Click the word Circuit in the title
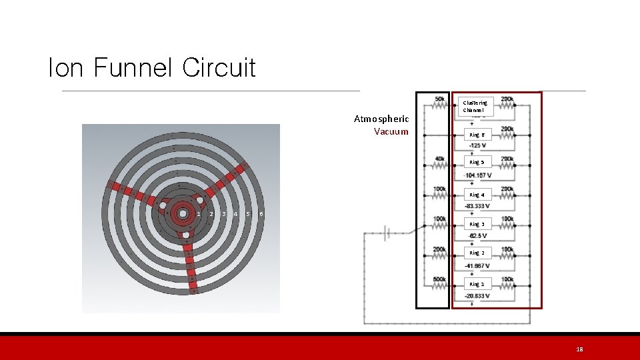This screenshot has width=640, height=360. click(219, 67)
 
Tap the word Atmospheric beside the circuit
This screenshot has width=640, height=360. click(381, 119)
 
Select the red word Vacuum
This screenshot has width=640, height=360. click(391, 131)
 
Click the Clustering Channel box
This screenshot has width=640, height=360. click(475, 106)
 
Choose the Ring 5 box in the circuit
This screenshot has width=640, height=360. click(477, 162)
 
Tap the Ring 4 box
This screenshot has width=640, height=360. click(477, 195)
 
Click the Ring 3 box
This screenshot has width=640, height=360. click(477, 224)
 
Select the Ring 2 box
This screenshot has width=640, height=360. click(477, 253)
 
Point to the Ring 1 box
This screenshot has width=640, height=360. click(477, 284)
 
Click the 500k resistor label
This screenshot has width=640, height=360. click(439, 279)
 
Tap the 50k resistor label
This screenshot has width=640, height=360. click(439, 99)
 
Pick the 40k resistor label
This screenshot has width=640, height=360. click(439, 159)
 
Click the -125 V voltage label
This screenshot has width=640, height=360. click(477, 145)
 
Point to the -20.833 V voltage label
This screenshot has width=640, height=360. click(479, 295)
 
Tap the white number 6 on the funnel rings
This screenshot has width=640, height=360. click(261, 213)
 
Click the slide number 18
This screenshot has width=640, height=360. click(579, 349)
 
